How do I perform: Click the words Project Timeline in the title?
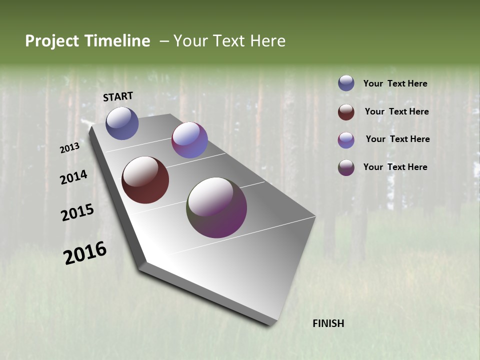click(87, 41)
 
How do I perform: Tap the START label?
click(118, 96)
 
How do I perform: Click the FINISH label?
click(328, 323)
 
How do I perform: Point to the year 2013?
click(69, 148)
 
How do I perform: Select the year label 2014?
click(73, 177)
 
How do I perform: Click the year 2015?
click(77, 212)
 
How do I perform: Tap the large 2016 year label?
click(85, 253)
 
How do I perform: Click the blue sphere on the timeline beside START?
click(122, 123)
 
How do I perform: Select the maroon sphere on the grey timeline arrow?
click(145, 180)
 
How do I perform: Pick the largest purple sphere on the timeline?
click(216, 207)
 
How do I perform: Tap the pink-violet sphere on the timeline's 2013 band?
click(189, 140)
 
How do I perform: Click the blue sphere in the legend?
click(346, 83)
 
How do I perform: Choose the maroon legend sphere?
click(346, 112)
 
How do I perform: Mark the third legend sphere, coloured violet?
click(346, 140)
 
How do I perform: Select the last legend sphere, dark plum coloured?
click(346, 167)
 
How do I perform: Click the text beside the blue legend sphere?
click(395, 83)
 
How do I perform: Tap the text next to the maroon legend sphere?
click(396, 111)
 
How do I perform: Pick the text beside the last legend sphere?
click(395, 167)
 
